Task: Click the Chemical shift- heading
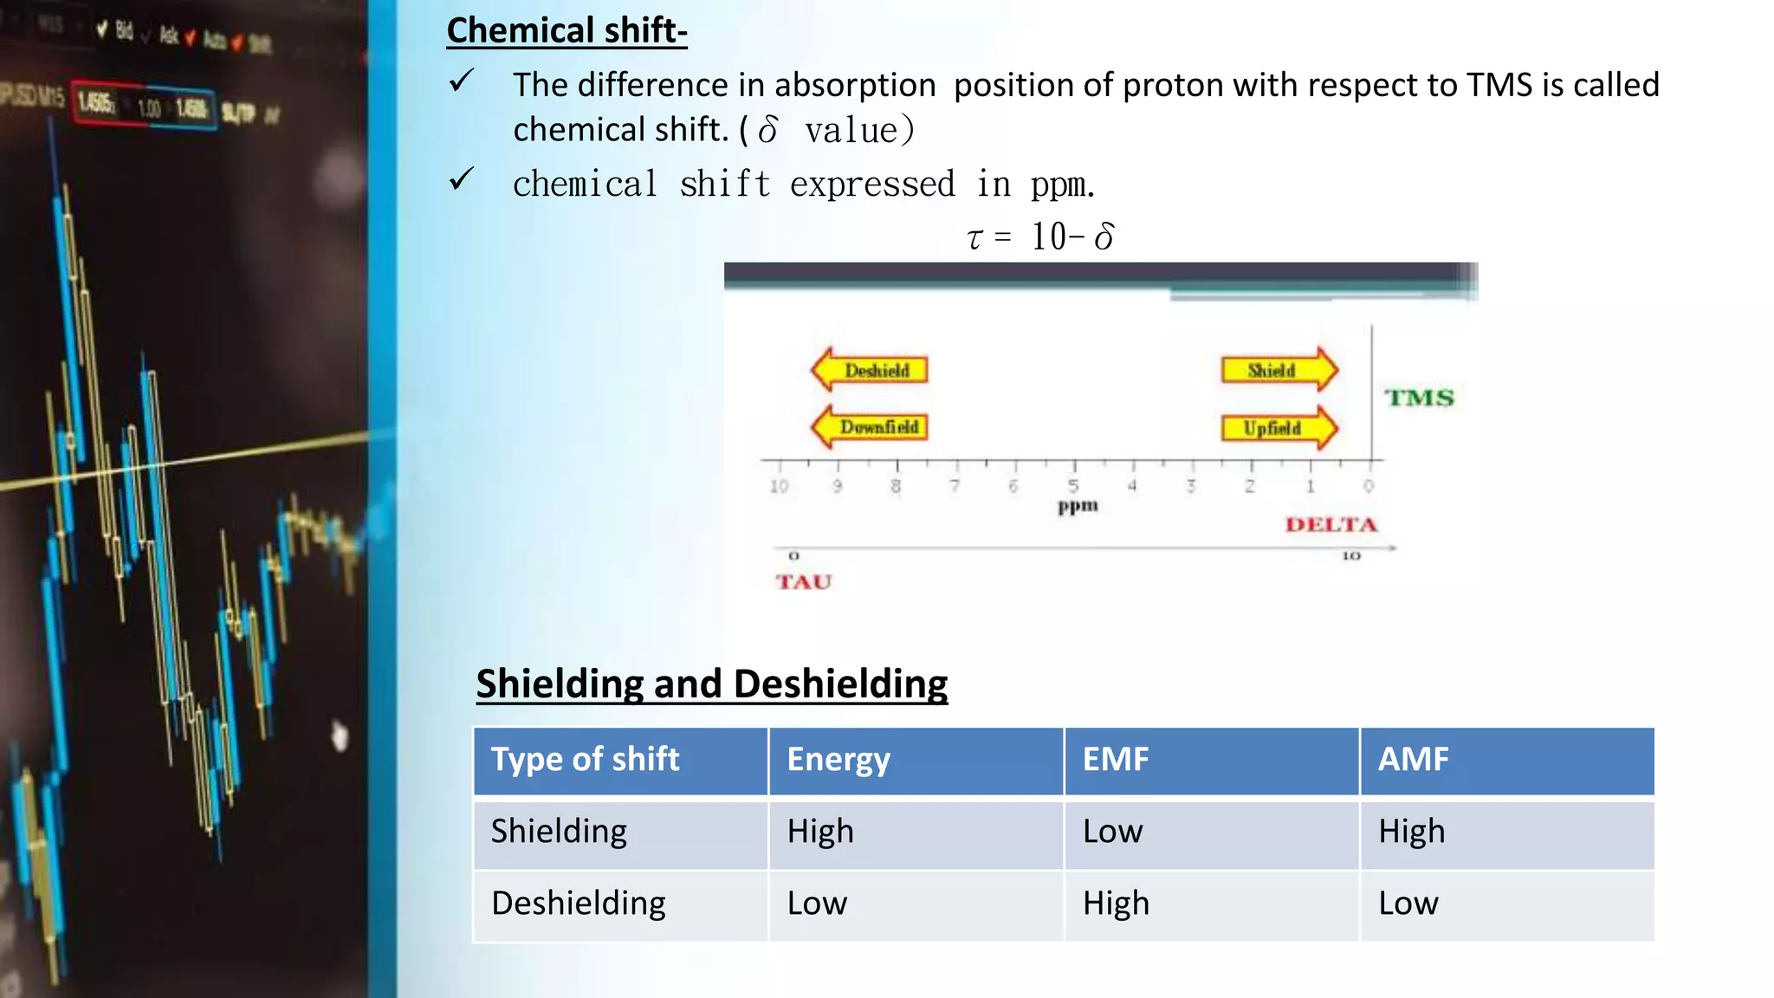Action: point(567,30)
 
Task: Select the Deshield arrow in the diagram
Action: point(870,370)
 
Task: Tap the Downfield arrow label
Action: point(870,427)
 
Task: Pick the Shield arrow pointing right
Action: point(1279,370)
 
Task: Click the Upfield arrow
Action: point(1279,428)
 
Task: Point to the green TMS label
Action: point(1419,398)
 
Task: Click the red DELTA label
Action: point(1330,524)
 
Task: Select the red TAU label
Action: point(803,581)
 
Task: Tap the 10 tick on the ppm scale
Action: point(779,486)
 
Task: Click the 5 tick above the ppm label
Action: point(1073,485)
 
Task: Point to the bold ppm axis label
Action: point(1078,506)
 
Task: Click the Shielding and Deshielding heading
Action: point(711,684)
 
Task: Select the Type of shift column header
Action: point(585,760)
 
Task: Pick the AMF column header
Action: point(1413,760)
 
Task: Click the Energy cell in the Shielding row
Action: point(820,832)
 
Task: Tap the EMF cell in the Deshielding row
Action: point(1116,904)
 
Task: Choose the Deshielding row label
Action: point(578,904)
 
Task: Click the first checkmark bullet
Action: point(461,81)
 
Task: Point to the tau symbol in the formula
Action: point(974,238)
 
